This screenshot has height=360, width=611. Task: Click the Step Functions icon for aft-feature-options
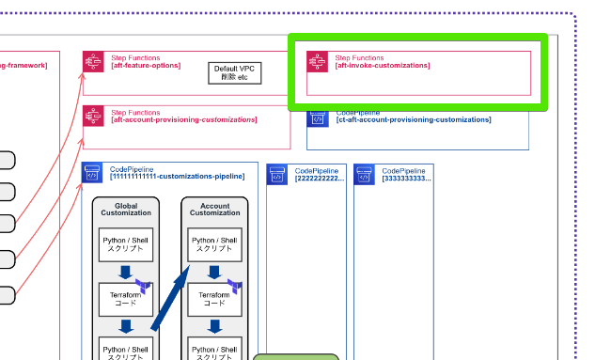click(94, 62)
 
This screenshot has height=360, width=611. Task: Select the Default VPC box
click(234, 73)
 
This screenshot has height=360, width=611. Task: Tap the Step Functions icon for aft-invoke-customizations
click(318, 62)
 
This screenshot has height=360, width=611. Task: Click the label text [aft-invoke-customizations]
click(383, 66)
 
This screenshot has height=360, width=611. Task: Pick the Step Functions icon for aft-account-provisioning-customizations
click(94, 117)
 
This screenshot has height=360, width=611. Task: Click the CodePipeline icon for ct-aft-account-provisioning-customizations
click(318, 117)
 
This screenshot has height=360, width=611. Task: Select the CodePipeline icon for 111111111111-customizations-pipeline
click(93, 173)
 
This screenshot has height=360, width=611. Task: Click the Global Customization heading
click(126, 209)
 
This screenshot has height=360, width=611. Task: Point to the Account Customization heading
click(214, 209)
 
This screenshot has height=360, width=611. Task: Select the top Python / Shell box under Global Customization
click(126, 245)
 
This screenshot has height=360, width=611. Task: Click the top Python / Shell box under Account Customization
click(214, 245)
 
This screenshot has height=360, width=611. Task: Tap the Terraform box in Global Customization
click(126, 299)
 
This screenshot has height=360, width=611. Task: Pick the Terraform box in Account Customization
click(214, 299)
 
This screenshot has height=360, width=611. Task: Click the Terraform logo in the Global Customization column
click(145, 285)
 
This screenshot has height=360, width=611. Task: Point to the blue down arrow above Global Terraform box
click(126, 273)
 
